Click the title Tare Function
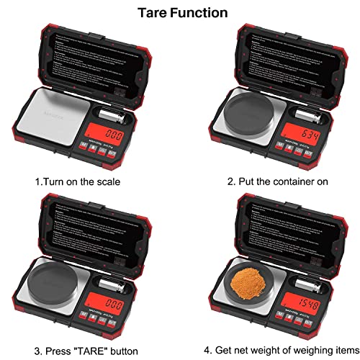pyautogui.click(x=181, y=13)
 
